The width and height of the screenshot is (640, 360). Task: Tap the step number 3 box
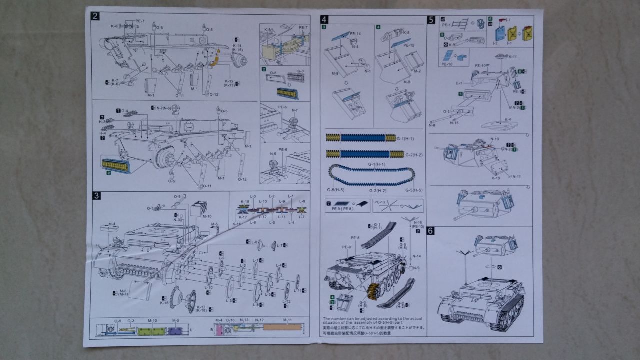(96, 195)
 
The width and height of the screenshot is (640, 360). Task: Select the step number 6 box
(431, 231)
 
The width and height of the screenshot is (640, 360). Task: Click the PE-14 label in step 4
(355, 33)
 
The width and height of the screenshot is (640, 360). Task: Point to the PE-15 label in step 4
(409, 45)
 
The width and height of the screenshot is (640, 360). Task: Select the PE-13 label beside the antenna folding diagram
(379, 202)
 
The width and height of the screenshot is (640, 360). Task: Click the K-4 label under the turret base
(507, 119)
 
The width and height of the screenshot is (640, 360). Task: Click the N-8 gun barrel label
(431, 125)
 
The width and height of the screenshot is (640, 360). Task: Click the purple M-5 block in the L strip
(175, 330)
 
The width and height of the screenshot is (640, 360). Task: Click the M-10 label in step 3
(206, 216)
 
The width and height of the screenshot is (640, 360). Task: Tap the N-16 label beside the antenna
(418, 222)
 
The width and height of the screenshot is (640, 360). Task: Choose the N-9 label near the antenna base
(416, 267)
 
